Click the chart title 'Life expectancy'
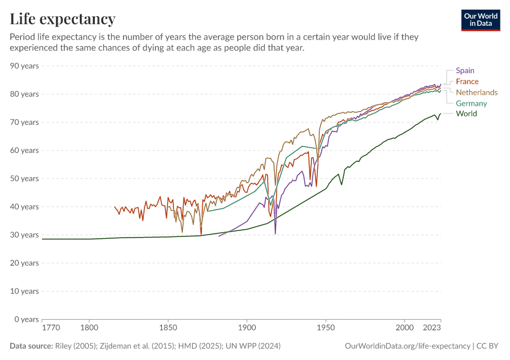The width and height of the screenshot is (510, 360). tap(62, 19)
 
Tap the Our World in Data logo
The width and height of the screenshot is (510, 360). tap(481, 20)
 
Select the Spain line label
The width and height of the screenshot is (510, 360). tap(465, 71)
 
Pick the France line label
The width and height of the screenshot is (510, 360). tap(467, 82)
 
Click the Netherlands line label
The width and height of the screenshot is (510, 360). tap(477, 92)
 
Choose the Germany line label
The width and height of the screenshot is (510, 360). tap(472, 103)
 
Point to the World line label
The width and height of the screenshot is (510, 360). tap(466, 113)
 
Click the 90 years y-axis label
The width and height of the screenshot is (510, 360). tap(25, 66)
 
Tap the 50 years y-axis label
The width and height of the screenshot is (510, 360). tap(25, 179)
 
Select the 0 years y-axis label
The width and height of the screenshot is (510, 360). tap(26, 319)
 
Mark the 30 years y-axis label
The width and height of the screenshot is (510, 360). tap(25, 235)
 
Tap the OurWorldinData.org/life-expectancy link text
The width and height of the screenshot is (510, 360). tap(407, 346)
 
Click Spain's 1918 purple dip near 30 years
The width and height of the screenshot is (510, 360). tap(275, 232)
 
